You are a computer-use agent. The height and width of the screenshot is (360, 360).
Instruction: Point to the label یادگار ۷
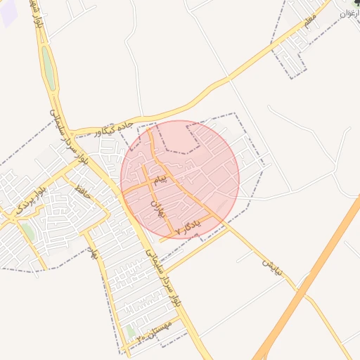point(188,226)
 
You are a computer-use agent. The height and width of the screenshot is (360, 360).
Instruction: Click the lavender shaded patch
point(7,14)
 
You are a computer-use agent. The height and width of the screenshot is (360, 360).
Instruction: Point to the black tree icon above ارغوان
point(356,4)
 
